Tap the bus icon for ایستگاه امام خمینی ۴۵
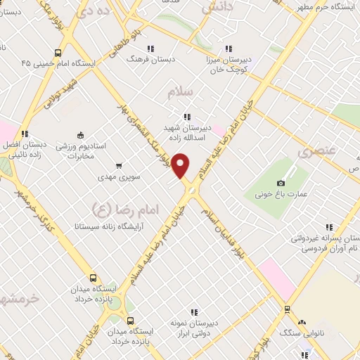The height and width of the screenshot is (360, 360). [57, 52]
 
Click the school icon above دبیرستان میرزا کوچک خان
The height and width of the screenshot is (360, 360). [227, 49]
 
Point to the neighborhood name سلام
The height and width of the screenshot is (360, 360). [180, 92]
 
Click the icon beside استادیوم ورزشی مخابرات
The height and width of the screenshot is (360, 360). [79, 136]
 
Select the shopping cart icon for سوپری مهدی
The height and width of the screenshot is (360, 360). [119, 167]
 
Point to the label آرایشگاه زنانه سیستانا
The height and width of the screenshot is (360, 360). [104, 228]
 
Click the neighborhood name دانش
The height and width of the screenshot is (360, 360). [217, 8]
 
